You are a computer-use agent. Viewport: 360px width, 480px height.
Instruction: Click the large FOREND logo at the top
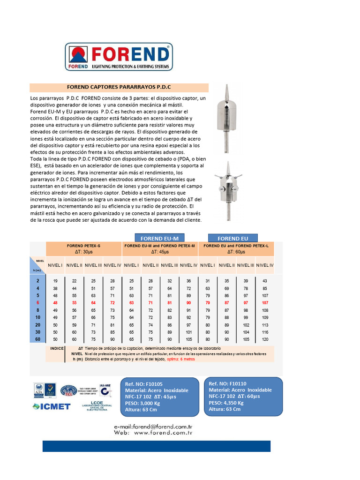tap(119, 57)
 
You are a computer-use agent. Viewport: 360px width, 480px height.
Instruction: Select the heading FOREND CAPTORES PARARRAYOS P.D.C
tap(119, 88)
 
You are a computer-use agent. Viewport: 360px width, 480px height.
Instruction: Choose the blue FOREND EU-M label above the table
tap(159, 239)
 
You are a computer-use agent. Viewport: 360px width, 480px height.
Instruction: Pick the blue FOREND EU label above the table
tap(232, 239)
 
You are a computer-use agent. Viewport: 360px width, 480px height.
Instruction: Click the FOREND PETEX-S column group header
tap(84, 246)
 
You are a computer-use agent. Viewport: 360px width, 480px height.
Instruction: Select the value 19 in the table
tap(55, 280)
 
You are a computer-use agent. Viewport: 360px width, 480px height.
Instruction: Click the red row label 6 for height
tap(38, 303)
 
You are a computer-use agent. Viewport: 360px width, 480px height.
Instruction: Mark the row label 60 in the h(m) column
tap(37, 339)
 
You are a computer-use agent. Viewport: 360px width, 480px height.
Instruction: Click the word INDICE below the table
tap(57, 349)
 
